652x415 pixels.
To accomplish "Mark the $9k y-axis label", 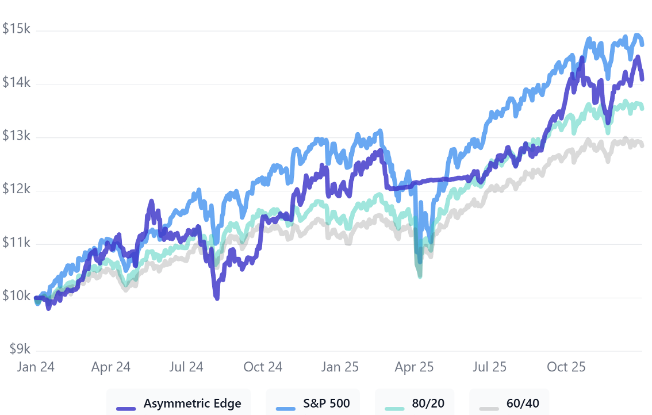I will coord(18,349).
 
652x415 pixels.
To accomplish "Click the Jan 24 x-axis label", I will coord(36,367).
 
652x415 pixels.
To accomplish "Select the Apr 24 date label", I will coord(111,367).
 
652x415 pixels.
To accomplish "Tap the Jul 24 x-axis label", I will coord(186,367).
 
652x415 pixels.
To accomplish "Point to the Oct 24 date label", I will coord(263,367).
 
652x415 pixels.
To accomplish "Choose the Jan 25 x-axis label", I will coord(339,367).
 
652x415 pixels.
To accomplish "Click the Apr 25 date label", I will coord(414,367).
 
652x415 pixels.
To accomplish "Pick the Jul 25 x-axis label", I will coord(489,367).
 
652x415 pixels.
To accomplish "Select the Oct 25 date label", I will coord(566,367).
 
